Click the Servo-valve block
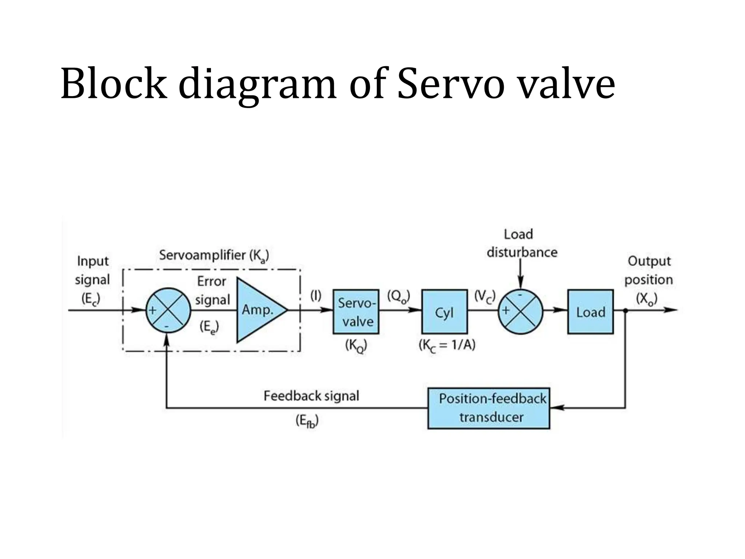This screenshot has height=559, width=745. pos(356,312)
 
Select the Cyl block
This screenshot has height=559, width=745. pos(444,312)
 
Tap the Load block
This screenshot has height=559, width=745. pos(590,312)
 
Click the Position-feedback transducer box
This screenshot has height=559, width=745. pos(488,408)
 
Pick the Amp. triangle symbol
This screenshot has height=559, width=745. pos(258,310)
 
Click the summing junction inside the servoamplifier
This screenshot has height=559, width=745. pos(168,310)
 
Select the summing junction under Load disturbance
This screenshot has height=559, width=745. pos(520,312)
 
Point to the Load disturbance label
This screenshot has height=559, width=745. pos(521,243)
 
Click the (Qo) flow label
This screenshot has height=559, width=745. pos(398,296)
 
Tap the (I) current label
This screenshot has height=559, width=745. pos(315,296)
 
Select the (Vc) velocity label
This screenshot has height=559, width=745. pos(485,296)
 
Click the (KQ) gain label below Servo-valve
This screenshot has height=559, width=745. pos(356,345)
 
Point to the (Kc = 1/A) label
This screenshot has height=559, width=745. pos(447,345)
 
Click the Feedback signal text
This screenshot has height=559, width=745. pos(311,396)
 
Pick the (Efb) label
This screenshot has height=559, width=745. pos(307,421)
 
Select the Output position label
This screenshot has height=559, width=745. pos(649,270)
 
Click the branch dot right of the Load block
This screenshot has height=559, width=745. pos(625,310)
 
